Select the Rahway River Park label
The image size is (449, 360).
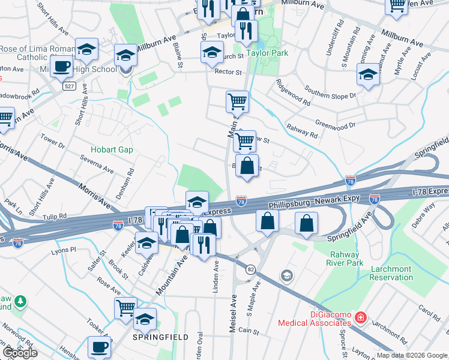pos(345,258)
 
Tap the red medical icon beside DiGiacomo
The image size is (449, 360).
pos(360,317)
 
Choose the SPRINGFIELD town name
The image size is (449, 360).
pos(160,337)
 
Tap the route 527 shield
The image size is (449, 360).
pos(70,86)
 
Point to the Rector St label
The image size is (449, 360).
pos(228,72)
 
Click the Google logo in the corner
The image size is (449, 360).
pos(20,353)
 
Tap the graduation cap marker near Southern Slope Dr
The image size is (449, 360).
pos(368,76)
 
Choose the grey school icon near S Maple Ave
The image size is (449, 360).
pos(287,275)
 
